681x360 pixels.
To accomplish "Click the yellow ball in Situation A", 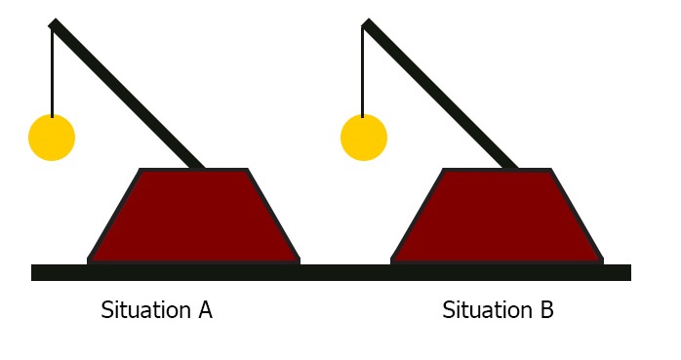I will pos(52,138).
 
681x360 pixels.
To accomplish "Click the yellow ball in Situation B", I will pos(364,138).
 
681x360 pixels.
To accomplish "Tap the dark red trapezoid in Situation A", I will pos(194,217).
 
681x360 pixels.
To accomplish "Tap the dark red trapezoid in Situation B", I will pos(497,217).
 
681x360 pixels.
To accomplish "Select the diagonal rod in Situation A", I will pos(127,95).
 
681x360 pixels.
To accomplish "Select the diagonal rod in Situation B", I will pos(439,95).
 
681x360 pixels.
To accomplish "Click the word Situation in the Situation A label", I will pos(143,311).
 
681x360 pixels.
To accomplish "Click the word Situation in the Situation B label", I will pos(485,311).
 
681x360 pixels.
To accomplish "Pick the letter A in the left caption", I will pos(205,310).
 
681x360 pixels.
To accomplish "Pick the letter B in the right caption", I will pos(546,310).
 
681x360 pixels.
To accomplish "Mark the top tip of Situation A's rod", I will pos(54,24).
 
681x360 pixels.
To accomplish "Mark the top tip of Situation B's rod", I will pos(366,24).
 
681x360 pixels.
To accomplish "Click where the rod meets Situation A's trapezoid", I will pos(199,168).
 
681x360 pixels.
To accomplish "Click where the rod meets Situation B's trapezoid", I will pos(511,168).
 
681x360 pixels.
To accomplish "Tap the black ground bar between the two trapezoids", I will pos(345,272).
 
